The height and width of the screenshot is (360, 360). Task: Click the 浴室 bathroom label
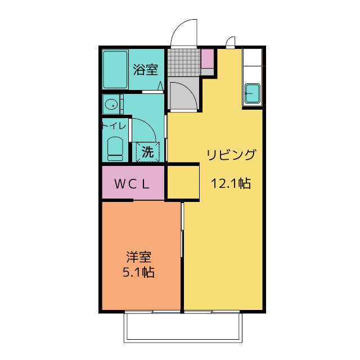click(145, 70)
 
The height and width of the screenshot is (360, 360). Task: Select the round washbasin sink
click(111, 104)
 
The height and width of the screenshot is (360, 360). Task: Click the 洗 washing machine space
click(147, 151)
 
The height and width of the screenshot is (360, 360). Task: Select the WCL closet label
click(133, 183)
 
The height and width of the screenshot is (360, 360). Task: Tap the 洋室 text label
click(138, 258)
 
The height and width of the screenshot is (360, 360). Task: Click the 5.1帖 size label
click(138, 273)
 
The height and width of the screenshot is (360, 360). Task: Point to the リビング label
click(231, 155)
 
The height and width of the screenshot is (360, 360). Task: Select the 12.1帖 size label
click(231, 183)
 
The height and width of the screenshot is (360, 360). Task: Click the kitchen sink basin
click(252, 92)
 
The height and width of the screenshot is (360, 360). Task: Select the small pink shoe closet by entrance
click(207, 59)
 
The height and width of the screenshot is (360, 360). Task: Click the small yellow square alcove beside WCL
click(182, 182)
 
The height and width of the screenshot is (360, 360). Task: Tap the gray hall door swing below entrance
click(183, 96)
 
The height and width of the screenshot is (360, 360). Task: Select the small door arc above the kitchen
click(230, 43)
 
